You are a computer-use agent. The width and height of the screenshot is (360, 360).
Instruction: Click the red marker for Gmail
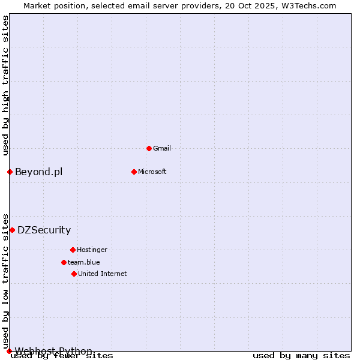tap(149, 148)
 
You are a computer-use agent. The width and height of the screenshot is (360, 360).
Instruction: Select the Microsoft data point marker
tap(134, 172)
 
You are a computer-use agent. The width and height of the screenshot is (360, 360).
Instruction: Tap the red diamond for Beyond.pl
tap(10, 172)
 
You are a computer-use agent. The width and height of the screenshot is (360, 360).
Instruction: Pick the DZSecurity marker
tap(12, 230)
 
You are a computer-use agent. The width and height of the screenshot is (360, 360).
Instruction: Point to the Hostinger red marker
tap(73, 250)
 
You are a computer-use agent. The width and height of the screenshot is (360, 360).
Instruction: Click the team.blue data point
tap(64, 262)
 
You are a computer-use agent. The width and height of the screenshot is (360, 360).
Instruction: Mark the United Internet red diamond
tap(74, 274)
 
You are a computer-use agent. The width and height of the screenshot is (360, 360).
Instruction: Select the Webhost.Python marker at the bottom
tap(9, 351)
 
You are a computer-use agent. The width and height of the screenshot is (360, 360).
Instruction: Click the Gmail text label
tap(162, 148)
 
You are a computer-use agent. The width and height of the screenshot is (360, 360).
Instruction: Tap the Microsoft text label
tap(152, 172)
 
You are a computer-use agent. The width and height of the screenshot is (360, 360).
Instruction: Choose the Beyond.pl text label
tap(38, 172)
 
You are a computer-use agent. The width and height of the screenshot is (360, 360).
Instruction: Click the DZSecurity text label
tap(44, 230)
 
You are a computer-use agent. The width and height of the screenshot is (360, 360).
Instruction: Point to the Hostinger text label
tap(92, 250)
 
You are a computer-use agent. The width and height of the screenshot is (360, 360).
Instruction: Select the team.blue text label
tap(84, 262)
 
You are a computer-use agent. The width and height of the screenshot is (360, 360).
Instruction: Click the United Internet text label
tap(103, 274)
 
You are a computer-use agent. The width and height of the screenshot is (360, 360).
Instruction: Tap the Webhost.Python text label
tap(53, 351)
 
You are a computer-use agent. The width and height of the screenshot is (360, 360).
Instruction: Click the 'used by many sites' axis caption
tap(301, 355)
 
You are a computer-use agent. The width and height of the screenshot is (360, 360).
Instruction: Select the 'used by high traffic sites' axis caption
tap(5, 85)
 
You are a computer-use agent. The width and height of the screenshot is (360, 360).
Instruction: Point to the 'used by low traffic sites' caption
tap(5, 281)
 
